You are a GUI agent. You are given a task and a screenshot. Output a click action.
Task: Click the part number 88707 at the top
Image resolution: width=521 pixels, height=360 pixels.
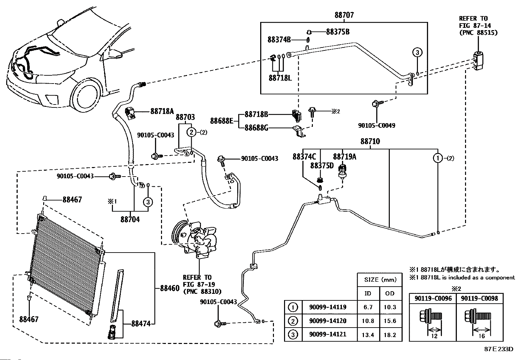click(344, 15)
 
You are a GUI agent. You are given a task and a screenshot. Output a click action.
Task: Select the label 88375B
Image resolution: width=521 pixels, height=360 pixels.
click(338, 32)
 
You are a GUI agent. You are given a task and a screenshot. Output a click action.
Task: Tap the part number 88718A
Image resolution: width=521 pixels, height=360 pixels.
click(162, 111)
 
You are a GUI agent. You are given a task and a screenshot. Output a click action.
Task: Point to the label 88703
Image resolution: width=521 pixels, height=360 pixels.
click(185, 117)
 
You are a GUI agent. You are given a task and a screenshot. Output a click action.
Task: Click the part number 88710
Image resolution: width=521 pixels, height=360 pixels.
click(370, 141)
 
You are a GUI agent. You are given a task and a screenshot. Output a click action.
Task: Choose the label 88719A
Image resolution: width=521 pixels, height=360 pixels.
click(345, 157)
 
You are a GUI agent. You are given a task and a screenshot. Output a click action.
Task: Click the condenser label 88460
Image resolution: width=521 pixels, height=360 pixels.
click(170, 288)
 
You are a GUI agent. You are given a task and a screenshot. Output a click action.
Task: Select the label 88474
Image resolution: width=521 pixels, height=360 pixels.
click(141, 323)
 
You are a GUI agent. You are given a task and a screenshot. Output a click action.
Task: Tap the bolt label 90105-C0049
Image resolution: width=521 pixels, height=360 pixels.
click(377, 125)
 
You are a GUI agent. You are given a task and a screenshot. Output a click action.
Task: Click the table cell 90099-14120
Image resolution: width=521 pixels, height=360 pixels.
click(328, 321)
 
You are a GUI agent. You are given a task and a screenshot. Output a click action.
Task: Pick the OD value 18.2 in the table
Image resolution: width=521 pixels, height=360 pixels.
click(390, 335)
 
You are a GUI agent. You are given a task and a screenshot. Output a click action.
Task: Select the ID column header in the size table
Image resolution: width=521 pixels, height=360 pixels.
click(368, 294)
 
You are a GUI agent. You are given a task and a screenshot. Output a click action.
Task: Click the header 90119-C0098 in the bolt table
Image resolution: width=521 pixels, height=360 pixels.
click(479, 298)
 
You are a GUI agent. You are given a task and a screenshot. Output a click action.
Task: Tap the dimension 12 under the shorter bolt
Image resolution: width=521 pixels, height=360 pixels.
click(434, 336)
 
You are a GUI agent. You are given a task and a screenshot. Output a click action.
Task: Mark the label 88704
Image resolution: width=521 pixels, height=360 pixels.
click(130, 219)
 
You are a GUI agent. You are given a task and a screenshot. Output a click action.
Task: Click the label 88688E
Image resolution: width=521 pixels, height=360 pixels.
click(222, 121)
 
